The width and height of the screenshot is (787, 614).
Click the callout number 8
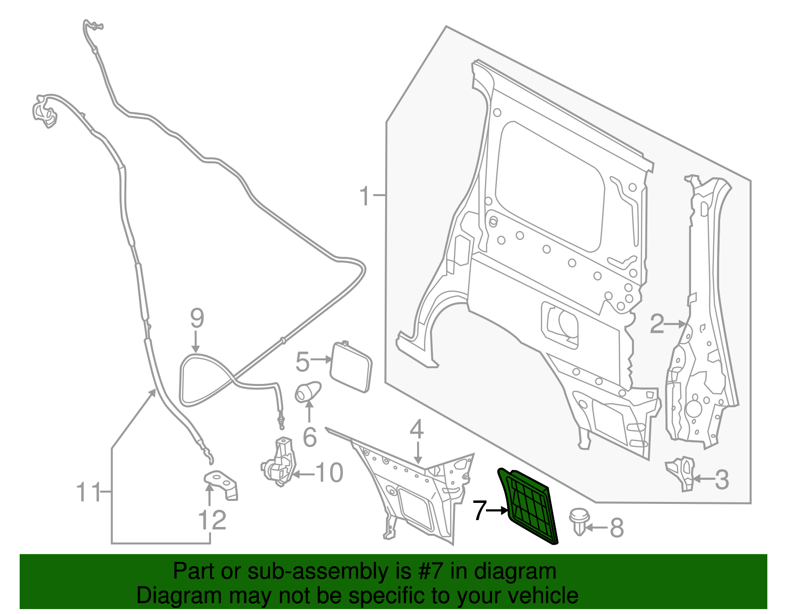click(617, 528)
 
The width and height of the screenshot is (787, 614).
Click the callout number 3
click(721, 479)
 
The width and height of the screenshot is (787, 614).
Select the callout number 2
click(657, 324)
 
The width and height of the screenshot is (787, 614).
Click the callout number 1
click(364, 196)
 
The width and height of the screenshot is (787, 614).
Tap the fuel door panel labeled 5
click(351, 366)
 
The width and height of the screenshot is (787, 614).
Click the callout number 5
click(303, 362)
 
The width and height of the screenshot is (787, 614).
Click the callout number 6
click(309, 437)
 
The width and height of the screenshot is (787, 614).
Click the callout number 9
click(197, 319)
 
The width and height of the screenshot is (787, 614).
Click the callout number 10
click(329, 473)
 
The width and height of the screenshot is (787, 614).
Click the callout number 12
click(212, 520)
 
